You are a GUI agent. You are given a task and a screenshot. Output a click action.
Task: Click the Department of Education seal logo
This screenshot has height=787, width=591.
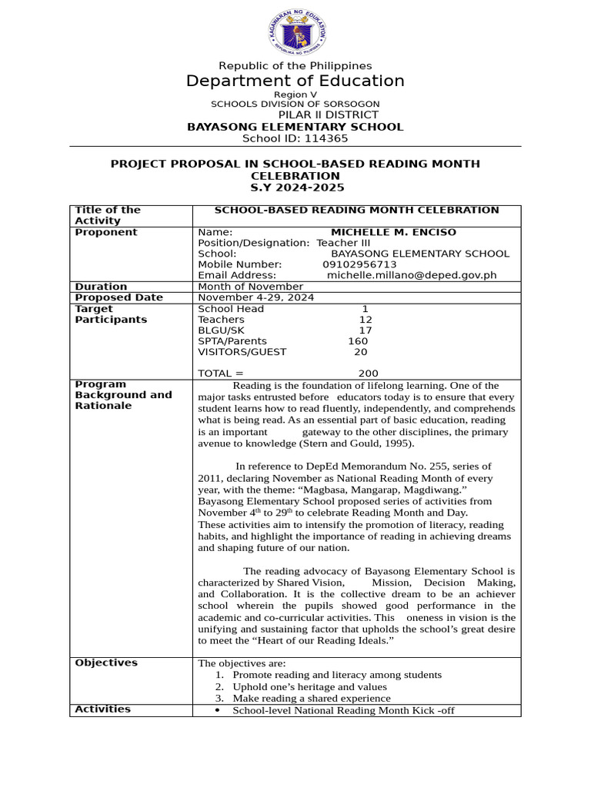(x=295, y=32)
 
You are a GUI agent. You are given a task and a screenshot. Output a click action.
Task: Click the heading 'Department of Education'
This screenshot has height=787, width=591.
(x=295, y=81)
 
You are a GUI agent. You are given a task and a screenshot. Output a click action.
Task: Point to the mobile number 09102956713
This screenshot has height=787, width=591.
(x=359, y=264)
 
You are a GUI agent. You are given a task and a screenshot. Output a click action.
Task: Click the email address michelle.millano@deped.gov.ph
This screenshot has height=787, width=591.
(x=412, y=275)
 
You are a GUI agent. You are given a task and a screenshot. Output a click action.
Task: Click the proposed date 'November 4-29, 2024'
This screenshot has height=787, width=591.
(x=256, y=297)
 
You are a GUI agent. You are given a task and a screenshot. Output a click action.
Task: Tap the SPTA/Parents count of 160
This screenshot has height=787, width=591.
(x=358, y=341)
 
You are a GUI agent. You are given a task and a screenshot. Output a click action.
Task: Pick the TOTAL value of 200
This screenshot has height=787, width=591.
(x=369, y=374)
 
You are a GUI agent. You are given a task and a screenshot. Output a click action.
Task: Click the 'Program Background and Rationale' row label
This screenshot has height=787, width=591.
(x=123, y=395)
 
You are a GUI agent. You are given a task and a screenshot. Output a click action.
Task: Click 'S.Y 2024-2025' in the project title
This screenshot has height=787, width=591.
(x=295, y=188)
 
